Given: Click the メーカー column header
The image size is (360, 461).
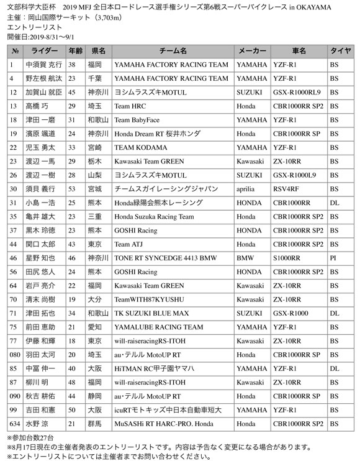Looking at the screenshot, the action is (x=252, y=51).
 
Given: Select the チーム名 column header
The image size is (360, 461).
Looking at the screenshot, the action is (x=172, y=51).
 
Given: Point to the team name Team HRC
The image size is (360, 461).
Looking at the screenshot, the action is (x=130, y=106).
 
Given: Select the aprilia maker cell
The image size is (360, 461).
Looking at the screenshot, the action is (x=247, y=188).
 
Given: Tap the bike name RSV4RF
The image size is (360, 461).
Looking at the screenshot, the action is (x=287, y=188).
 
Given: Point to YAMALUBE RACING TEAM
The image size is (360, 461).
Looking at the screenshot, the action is (x=158, y=326).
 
